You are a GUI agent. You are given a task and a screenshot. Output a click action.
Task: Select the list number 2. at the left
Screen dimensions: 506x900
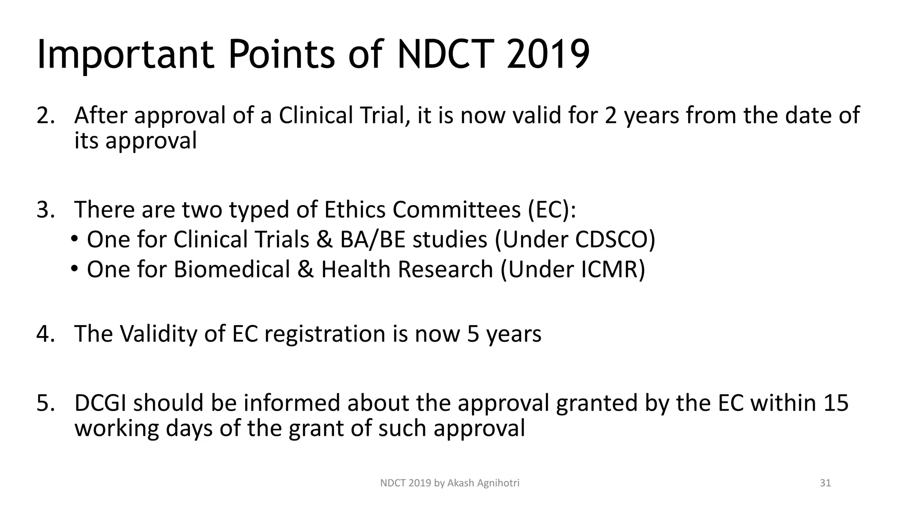pos(45,116)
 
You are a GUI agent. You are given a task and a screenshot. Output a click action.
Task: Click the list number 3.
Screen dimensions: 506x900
pos(45,210)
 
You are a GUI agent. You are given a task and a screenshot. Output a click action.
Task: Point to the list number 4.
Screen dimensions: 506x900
pos(45,334)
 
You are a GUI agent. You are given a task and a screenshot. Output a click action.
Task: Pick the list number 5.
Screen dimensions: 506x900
pos(45,403)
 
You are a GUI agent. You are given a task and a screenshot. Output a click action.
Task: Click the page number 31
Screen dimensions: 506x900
pos(825,483)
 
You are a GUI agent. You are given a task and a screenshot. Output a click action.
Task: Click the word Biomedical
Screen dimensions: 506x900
pos(232,270)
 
